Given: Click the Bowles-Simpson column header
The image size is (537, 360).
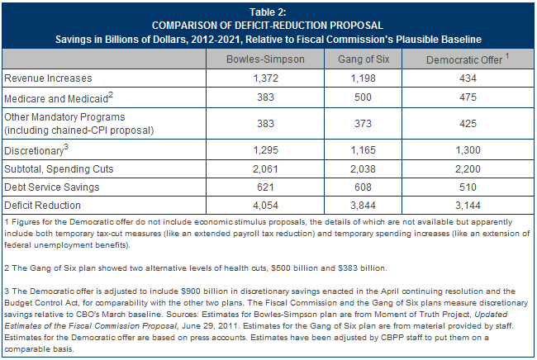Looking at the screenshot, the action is click(265, 59).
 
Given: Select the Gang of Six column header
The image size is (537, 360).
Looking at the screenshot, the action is click(364, 59).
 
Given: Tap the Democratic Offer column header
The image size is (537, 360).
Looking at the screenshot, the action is click(468, 59).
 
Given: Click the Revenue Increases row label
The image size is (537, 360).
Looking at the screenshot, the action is click(48, 78).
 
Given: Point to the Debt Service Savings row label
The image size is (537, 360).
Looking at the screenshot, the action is click(52, 187).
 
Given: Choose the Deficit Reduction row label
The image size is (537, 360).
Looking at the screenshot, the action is click(42, 206).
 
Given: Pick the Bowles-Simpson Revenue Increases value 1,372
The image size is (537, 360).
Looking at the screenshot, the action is click(265, 78).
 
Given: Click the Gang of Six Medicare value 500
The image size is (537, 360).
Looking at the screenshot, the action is click(363, 97).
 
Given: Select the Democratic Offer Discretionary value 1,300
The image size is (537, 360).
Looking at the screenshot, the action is click(468, 150).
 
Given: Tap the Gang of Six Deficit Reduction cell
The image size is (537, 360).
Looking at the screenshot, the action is click(363, 206).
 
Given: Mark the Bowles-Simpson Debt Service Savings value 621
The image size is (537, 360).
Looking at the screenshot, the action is click(265, 187).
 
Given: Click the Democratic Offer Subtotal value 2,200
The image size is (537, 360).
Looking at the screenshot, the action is click(468, 169).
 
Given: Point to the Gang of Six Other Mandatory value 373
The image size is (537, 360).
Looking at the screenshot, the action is click(363, 124).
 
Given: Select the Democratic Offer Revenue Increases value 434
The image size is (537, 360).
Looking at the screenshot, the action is click(468, 78).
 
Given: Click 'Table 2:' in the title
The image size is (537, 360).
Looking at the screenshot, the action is click(268, 12).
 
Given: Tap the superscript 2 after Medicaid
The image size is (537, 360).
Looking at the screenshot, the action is click(111, 95).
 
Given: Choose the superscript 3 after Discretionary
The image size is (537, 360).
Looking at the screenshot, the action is click(66, 147).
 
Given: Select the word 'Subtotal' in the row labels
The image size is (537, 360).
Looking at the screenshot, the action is click(23, 169).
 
